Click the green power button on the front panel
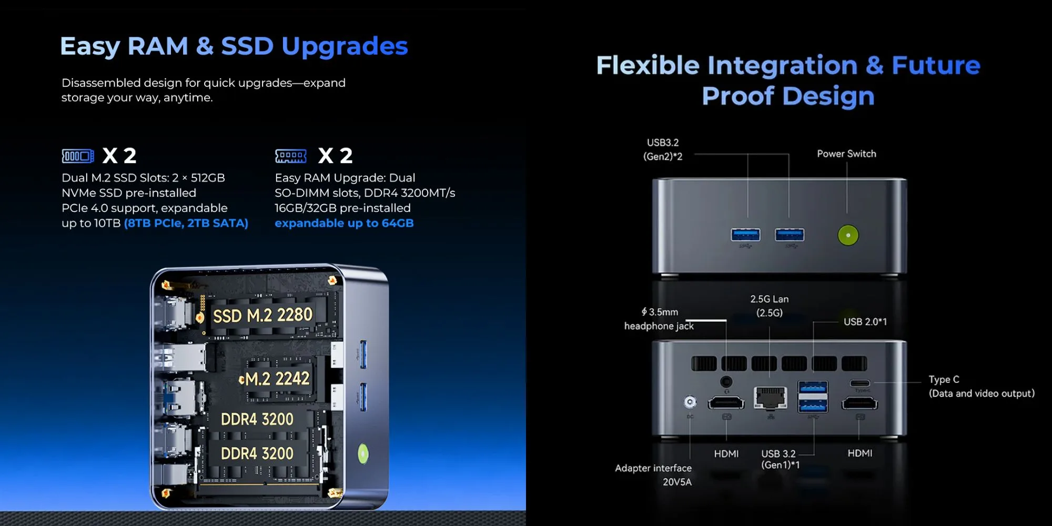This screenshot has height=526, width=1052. click(848, 235)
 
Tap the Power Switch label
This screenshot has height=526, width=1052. click(846, 154)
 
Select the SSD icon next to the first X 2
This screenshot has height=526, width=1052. click(78, 156)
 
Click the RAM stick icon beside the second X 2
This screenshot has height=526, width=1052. click(291, 156)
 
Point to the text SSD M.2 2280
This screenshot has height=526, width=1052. click(262, 315)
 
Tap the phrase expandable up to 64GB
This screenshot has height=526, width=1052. click(344, 223)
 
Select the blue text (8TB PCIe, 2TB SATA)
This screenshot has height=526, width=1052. click(186, 223)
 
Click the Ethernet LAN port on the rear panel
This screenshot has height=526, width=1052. click(770, 398)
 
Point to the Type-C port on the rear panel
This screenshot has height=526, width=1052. click(859, 383)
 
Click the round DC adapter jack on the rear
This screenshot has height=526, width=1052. click(690, 402)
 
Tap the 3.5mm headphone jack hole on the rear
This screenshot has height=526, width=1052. click(726, 381)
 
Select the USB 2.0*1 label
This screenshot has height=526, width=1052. click(865, 321)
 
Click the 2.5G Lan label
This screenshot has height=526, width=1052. click(770, 306)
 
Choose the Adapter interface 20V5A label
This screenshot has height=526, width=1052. click(653, 474)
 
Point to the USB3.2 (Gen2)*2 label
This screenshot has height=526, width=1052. click(663, 149)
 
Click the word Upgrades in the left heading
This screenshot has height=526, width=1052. click(345, 46)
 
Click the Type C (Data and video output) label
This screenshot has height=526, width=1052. click(982, 386)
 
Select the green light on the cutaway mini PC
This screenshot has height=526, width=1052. click(363, 453)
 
